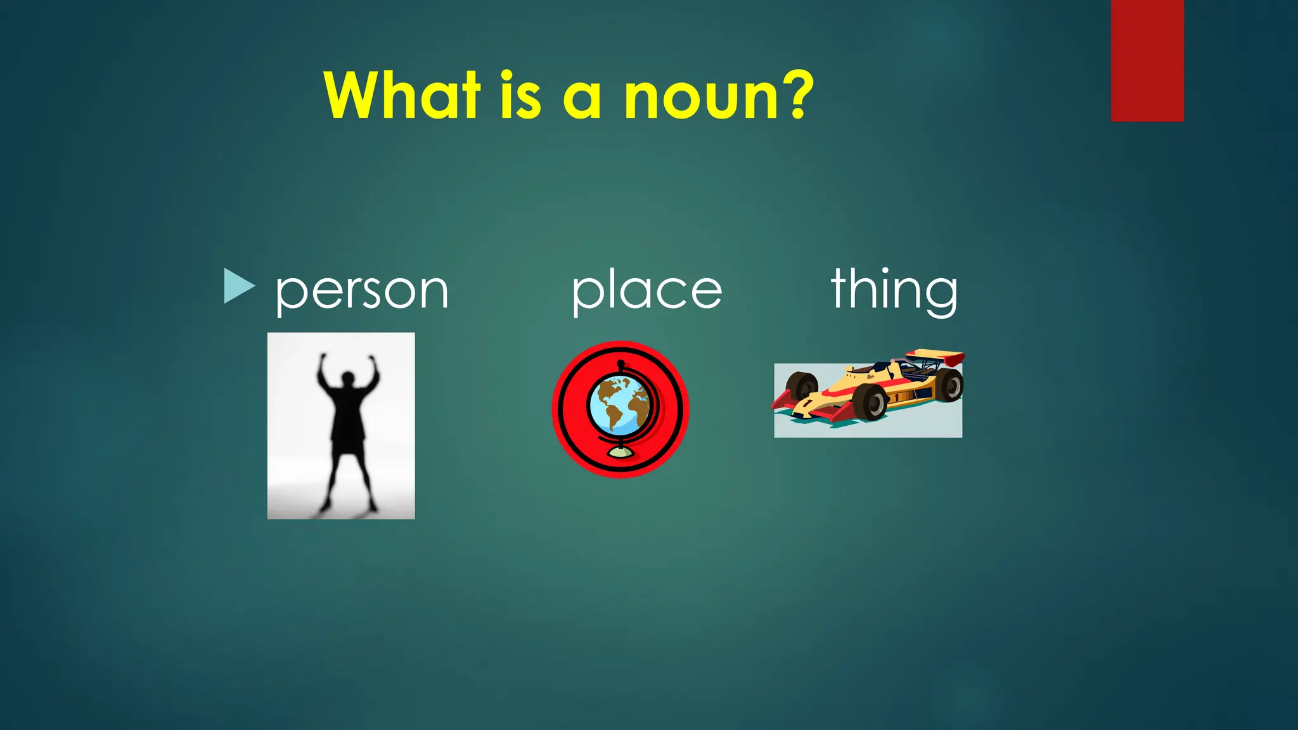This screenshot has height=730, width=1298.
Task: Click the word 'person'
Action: pos(362,291)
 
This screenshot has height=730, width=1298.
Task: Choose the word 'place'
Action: pos(646,291)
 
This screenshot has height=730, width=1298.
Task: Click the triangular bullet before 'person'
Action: pos(238,286)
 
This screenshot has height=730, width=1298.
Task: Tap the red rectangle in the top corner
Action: pos(1147,60)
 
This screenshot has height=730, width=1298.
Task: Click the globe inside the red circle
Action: pos(619,404)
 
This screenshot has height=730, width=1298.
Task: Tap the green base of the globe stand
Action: pos(620,452)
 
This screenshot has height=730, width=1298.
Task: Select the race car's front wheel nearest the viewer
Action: pos(870,402)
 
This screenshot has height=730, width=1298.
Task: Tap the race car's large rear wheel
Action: pos(949,383)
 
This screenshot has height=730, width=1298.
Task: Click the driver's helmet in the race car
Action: pos(880,366)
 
